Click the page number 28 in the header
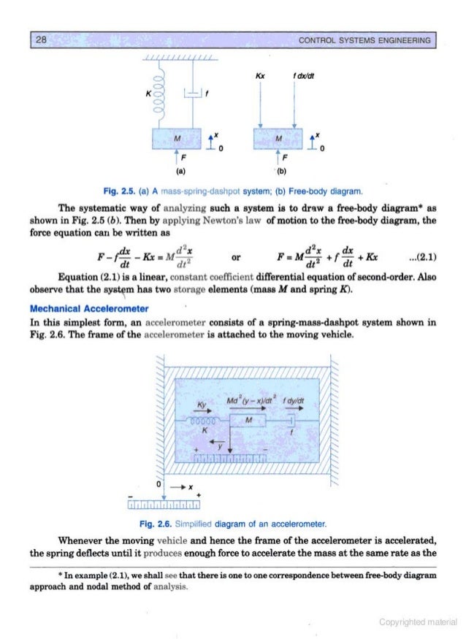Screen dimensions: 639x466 pos(42,39)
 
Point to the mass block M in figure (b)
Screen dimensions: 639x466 pos(277,138)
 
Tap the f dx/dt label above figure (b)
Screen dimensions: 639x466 pos(297,74)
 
